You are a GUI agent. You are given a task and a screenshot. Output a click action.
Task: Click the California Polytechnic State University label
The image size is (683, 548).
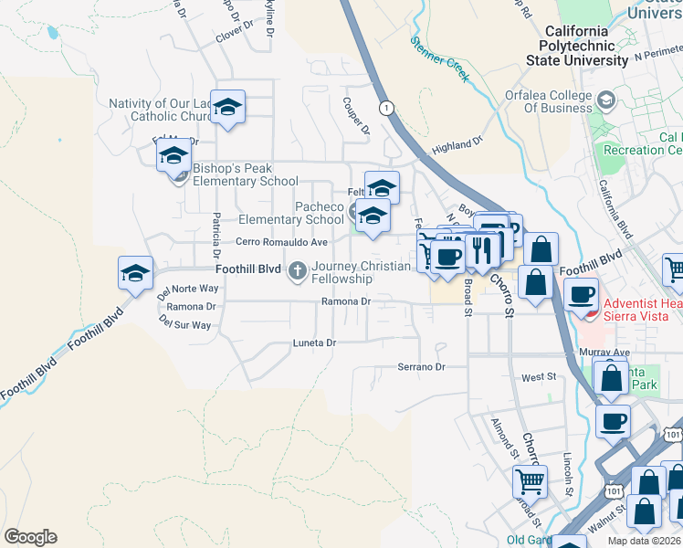(x=576, y=45)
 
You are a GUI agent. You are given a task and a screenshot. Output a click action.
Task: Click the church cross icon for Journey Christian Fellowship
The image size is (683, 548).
(x=298, y=270)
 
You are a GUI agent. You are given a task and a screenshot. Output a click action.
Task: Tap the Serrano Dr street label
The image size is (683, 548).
(x=420, y=367)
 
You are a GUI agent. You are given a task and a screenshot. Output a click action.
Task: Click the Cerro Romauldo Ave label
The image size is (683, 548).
(x=281, y=242)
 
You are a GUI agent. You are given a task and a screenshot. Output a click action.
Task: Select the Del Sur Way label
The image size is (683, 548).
(x=184, y=324)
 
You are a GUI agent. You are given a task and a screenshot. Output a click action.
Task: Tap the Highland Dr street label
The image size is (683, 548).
(x=457, y=146)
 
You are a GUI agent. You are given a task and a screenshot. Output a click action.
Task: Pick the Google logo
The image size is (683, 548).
(x=30, y=537)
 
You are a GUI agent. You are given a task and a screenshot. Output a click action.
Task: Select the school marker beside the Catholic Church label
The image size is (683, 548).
(x=227, y=108)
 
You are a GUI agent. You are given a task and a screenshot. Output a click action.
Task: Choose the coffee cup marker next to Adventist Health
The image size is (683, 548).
(x=582, y=295)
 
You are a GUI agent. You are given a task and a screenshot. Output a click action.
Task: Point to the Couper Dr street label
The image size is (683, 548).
(x=354, y=116)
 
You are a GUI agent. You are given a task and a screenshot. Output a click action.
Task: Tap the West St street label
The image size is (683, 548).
(x=539, y=376)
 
